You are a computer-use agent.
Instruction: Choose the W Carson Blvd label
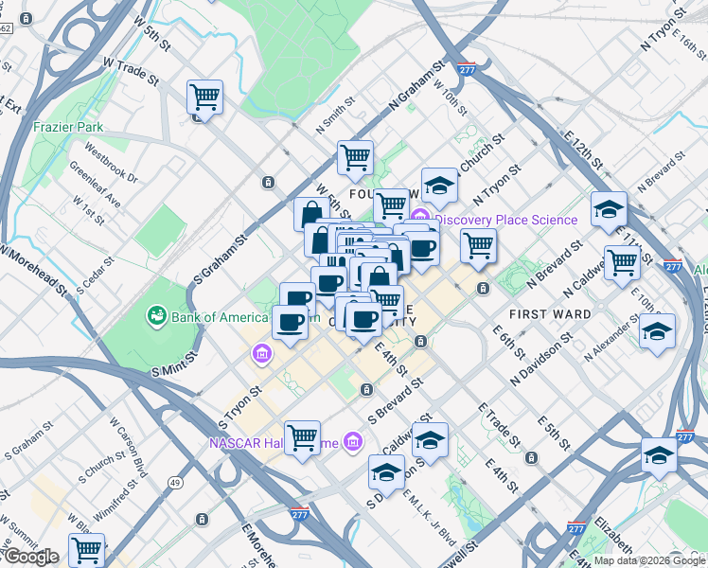[128, 447]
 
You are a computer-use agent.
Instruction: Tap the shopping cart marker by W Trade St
[204, 97]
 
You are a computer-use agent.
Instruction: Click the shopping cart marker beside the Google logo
[86, 550]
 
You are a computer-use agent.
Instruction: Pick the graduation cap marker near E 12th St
[609, 209]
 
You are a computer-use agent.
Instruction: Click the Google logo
[30, 557]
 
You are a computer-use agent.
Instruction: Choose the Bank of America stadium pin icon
[155, 315]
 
